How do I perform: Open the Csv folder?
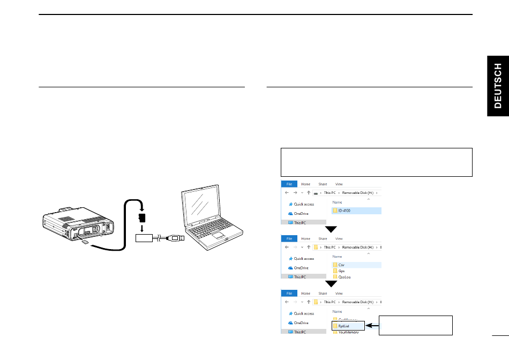pyautogui.click(x=341, y=265)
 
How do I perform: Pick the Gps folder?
pyautogui.click(x=341, y=271)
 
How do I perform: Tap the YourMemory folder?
pyautogui.click(x=348, y=332)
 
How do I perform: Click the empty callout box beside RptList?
pyautogui.click(x=416, y=325)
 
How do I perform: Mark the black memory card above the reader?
pyautogui.click(x=142, y=217)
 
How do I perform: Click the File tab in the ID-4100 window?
pyautogui.click(x=289, y=184)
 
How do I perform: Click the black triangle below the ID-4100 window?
pyautogui.click(x=332, y=229)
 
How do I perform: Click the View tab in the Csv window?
pyautogui.click(x=339, y=239)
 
